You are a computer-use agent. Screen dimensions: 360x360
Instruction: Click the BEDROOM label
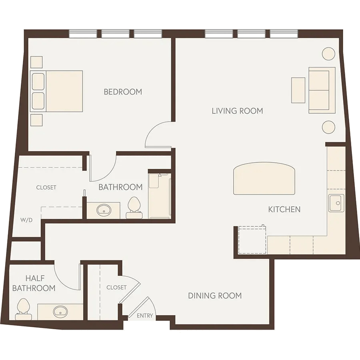123,92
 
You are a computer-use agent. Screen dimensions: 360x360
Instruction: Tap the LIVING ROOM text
237,111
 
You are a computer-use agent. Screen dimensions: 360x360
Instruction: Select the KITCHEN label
284,209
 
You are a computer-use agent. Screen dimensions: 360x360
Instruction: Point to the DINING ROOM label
215,296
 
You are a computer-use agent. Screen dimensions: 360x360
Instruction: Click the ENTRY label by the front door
145,316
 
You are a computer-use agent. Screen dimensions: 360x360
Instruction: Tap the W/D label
26,220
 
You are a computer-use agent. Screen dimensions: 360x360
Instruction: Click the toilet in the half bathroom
24,309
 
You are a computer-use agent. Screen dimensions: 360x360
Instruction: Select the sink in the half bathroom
60,312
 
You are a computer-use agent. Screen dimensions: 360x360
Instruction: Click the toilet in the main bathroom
134,208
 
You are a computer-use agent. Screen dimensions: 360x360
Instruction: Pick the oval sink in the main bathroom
104,210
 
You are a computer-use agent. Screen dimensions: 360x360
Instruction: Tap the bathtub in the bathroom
160,196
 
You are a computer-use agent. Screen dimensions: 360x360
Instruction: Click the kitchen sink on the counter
336,203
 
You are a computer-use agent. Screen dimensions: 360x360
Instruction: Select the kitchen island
264,178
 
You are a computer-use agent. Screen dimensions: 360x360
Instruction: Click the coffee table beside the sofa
298,90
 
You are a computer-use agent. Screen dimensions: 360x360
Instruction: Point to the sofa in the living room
322,90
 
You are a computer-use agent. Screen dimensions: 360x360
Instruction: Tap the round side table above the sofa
328,54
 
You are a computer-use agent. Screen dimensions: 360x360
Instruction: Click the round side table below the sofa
328,127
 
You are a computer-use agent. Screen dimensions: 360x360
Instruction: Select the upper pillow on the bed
38,82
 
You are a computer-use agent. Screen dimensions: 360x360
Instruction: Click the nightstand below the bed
36,120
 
